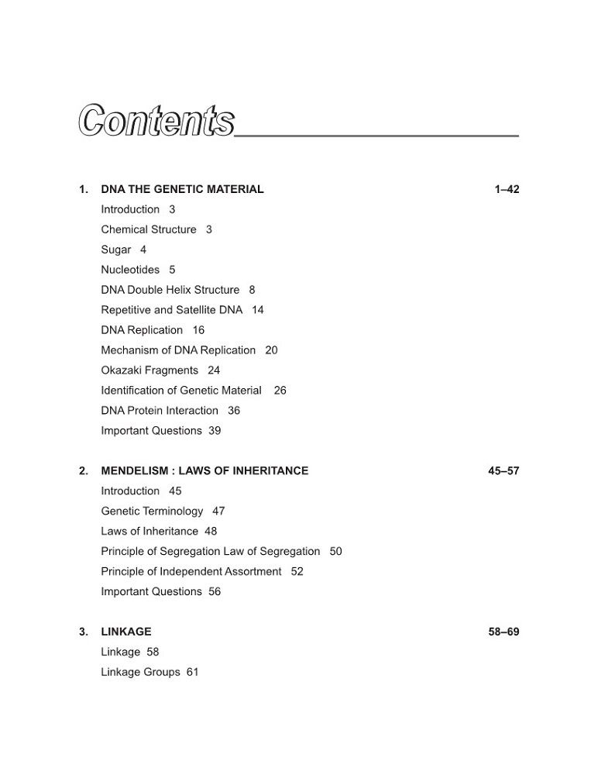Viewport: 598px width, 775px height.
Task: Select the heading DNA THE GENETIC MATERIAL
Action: (x=182, y=189)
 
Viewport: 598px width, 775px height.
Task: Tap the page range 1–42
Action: (x=507, y=189)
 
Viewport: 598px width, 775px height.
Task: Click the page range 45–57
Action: (x=503, y=470)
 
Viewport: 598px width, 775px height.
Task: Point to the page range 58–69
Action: (x=503, y=632)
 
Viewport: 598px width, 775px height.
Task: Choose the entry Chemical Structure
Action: (x=149, y=229)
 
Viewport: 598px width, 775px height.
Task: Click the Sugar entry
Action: (x=116, y=250)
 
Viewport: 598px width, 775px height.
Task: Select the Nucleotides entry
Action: (x=130, y=270)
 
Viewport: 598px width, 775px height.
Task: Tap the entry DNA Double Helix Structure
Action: (x=170, y=290)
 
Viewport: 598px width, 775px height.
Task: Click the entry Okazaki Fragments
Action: (x=149, y=370)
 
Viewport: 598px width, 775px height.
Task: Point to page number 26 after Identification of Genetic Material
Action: (x=280, y=391)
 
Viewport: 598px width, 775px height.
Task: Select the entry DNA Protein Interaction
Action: (x=160, y=411)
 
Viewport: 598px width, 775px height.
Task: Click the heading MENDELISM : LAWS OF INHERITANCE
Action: (x=204, y=470)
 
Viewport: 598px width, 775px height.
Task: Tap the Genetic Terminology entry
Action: (x=152, y=511)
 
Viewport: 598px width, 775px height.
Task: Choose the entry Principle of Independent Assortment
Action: (x=191, y=571)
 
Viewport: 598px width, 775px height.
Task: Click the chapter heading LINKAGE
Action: (x=126, y=632)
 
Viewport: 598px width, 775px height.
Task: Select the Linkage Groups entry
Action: (x=140, y=672)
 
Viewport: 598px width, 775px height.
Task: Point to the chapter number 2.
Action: (x=83, y=470)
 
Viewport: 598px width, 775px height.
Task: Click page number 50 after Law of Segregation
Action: (x=335, y=551)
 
